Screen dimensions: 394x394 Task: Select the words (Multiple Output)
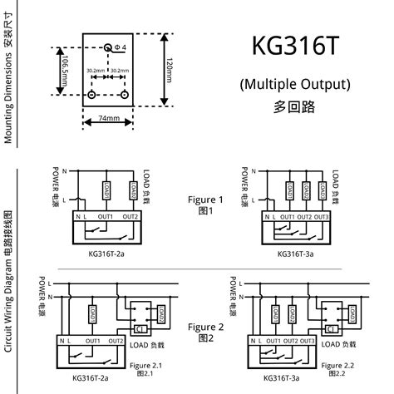tap(296, 84)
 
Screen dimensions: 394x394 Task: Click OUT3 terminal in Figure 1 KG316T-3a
tap(321, 217)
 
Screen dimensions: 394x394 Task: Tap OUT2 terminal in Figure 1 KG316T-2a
tap(131, 217)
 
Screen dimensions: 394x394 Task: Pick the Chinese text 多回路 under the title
tap(296, 106)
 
